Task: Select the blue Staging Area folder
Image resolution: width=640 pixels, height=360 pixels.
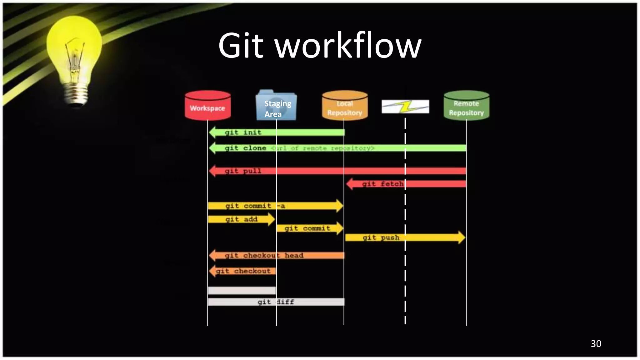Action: click(276, 106)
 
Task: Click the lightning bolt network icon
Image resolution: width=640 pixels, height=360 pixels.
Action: click(405, 107)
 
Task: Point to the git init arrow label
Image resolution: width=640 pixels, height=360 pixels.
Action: click(243, 132)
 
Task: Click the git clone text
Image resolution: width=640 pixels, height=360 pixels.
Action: click(245, 148)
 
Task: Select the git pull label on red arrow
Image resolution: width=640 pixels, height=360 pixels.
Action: click(243, 171)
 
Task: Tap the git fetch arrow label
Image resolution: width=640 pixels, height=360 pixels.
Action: click(382, 184)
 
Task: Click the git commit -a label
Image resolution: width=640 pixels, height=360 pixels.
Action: click(255, 206)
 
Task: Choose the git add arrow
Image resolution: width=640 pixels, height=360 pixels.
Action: click(241, 219)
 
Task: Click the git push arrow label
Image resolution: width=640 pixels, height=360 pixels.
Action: click(381, 237)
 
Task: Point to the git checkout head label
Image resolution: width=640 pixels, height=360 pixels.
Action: click(264, 256)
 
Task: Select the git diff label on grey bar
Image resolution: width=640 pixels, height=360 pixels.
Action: click(275, 302)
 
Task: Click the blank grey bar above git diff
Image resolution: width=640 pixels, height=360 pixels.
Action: click(242, 291)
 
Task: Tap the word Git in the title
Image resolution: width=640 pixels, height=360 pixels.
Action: click(241, 46)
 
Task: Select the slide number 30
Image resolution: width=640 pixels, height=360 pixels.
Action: click(596, 343)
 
